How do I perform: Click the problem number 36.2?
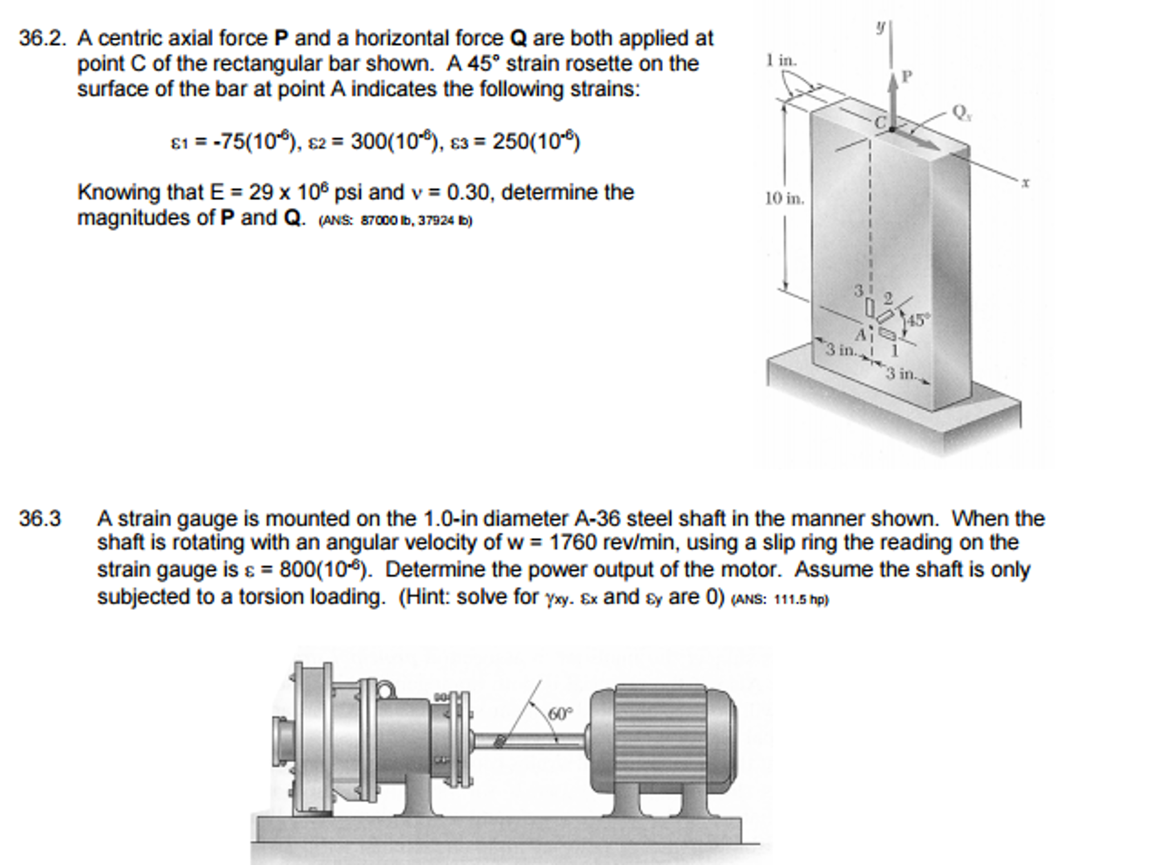42,39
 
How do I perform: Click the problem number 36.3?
40,519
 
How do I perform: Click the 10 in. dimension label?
784,199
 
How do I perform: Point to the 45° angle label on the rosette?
917,320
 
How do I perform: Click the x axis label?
1025,183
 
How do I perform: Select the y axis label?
881,26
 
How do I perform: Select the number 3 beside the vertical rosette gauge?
859,291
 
